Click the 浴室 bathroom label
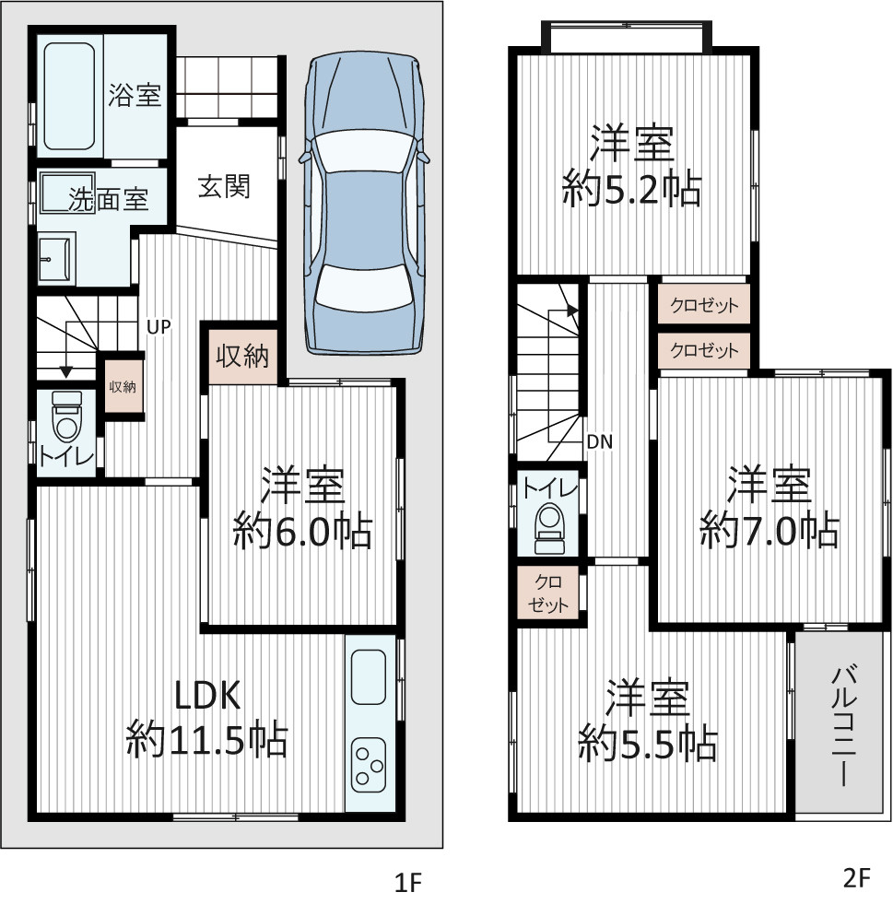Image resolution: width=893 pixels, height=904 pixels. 135,95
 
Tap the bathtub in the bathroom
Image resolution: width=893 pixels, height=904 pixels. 69,96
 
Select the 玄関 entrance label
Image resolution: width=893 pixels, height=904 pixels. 224,187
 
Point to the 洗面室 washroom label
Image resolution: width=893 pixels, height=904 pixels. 109,199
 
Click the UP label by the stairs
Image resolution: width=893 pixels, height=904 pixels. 159,327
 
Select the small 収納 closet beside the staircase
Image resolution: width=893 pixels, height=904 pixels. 123,386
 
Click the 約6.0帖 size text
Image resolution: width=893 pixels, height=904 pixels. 302,531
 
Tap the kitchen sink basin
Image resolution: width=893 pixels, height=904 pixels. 369,677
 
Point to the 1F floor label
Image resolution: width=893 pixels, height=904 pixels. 408,882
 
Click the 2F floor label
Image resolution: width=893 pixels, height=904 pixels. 855,877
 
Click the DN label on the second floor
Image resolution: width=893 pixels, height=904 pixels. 600,442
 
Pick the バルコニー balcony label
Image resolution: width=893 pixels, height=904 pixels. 843,724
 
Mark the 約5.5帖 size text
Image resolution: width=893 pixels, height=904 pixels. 648,744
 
